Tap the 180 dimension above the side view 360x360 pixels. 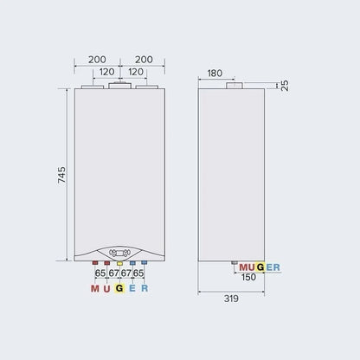coord(215,74)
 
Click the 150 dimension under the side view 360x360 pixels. coord(247,278)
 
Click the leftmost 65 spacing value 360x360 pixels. coord(100,273)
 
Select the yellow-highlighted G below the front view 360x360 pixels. coord(119,289)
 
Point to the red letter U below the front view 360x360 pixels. coord(106,289)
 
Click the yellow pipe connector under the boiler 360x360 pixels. coord(119,262)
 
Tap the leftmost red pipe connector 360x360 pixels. coord(94,262)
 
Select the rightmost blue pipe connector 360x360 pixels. coord(145,262)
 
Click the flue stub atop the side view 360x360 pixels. coord(234,87)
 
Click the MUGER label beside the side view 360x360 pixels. coord(259,267)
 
